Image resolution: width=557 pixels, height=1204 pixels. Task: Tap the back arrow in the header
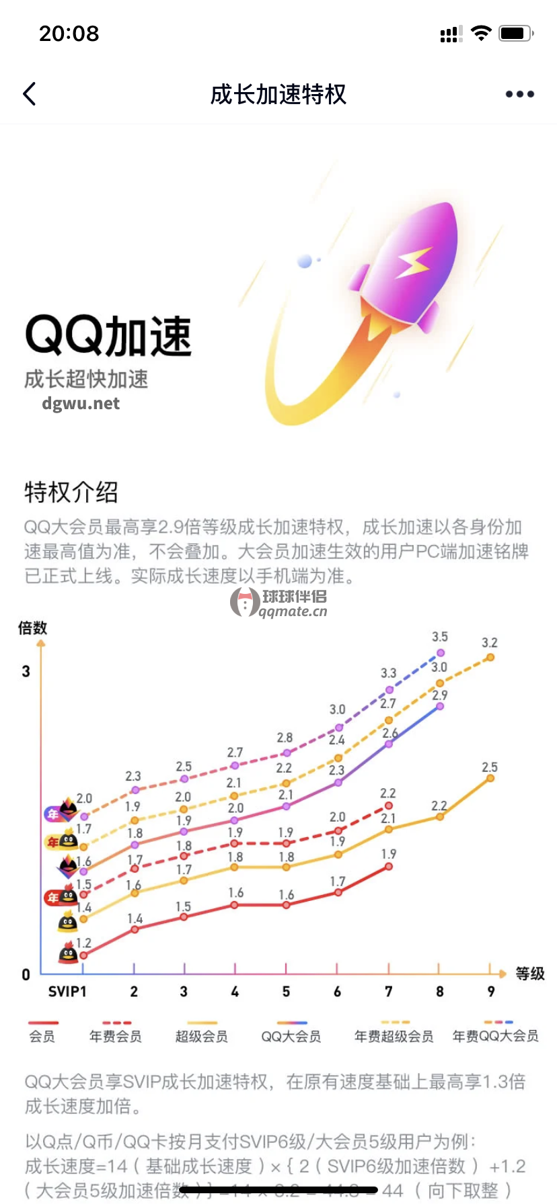30,94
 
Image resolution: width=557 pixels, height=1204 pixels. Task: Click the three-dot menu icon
519,94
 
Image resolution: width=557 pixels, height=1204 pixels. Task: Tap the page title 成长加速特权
278,95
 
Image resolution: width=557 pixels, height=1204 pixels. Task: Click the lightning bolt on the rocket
412,263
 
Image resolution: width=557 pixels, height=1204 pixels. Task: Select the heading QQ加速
108,336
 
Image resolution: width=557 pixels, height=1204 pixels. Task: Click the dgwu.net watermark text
81,403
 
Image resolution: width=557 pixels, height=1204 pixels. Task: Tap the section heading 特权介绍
71,492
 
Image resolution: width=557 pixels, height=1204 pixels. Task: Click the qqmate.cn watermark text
293,611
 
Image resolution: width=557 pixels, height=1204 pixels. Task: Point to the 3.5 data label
440,636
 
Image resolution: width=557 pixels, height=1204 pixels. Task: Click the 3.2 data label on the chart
490,643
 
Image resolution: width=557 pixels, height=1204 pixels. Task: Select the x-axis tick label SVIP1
67,992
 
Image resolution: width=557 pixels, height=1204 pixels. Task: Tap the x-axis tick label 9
491,992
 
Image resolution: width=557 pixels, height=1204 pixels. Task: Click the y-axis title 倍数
32,628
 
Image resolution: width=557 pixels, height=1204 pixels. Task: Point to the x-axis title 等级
530,974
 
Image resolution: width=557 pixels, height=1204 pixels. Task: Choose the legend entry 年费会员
116,1036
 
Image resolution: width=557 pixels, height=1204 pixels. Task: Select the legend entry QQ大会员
291,1036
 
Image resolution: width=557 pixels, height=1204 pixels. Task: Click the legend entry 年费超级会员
394,1036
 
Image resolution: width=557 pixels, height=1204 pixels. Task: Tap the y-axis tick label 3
26,671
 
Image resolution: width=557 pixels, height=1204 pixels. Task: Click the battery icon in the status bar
516,34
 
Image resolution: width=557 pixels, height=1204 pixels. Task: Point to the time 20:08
69,34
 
